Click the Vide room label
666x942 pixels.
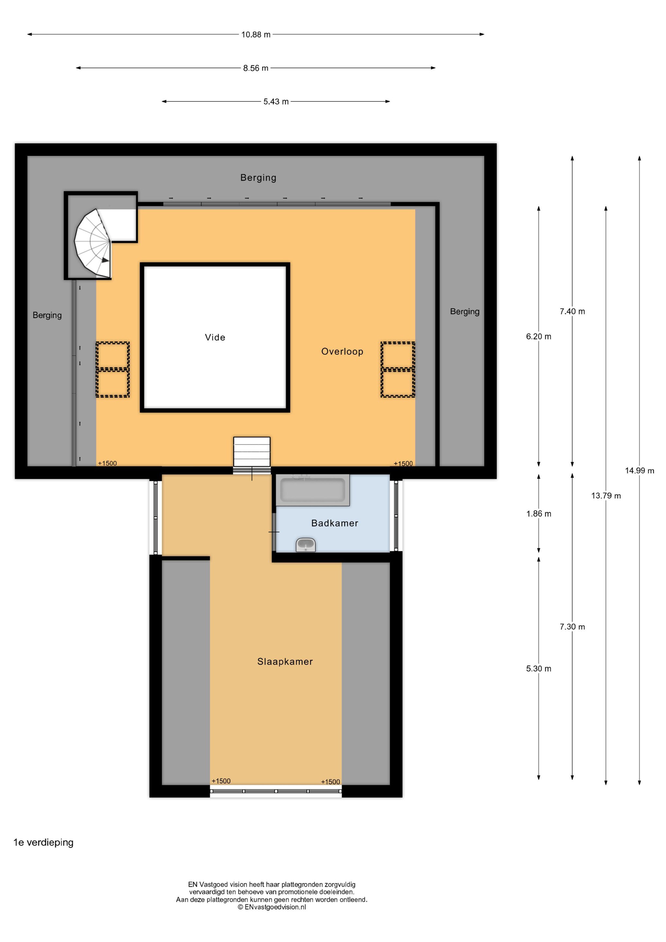[215, 337]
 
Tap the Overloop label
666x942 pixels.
[342, 352]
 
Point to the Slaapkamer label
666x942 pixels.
[285, 661]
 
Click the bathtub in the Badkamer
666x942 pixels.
[312, 490]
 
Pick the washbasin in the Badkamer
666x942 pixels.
[306, 545]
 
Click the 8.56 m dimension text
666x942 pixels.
[256, 68]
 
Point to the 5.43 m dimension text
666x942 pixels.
[276, 102]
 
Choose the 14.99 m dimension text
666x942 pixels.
[639, 471]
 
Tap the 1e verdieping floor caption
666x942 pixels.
[44, 843]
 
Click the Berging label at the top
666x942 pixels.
[258, 178]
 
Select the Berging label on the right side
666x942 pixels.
[465, 312]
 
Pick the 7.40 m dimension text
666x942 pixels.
[572, 311]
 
